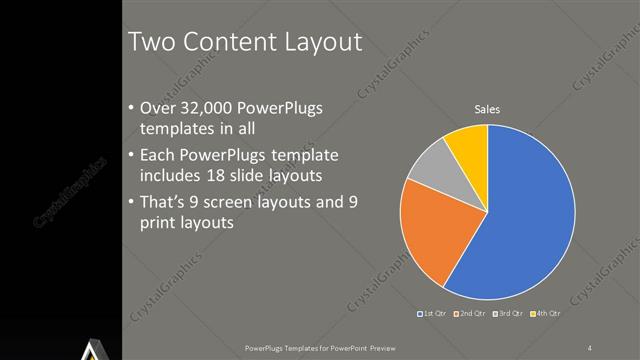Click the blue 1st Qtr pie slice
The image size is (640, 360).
(x=530, y=215)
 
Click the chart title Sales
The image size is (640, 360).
(x=487, y=109)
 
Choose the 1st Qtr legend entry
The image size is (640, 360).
(x=432, y=315)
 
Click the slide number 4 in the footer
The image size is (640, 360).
(x=590, y=347)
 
